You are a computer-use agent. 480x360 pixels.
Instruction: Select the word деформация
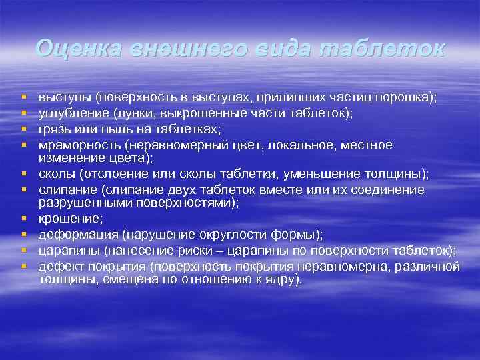point(73,234)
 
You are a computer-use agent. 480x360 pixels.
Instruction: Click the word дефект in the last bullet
point(59,266)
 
